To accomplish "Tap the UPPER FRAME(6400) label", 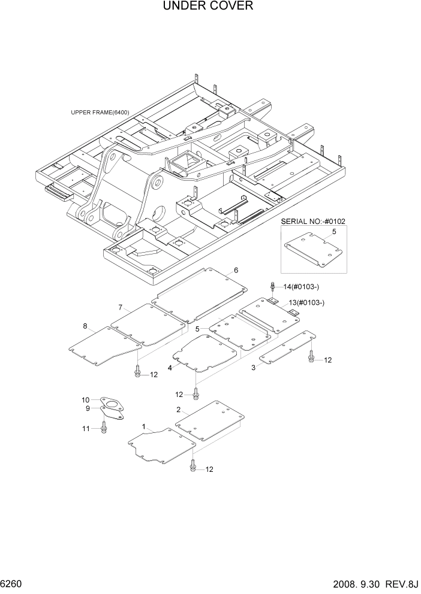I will pyautogui.click(x=100, y=112).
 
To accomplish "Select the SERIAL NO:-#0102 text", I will pyautogui.click(x=313, y=222).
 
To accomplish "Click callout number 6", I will pyautogui.click(x=236, y=271).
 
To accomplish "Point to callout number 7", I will pyautogui.click(x=120, y=307).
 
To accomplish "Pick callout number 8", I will pyautogui.click(x=85, y=326).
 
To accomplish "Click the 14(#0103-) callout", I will pyautogui.click(x=297, y=287).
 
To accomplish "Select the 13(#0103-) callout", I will pyautogui.click(x=306, y=303).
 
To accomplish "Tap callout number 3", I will pyautogui.click(x=253, y=368).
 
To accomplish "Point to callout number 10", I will pyautogui.click(x=86, y=399).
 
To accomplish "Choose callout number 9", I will pyautogui.click(x=87, y=408).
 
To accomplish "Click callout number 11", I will pyautogui.click(x=86, y=428).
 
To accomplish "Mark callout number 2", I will pyautogui.click(x=179, y=410).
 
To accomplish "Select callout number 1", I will pyautogui.click(x=143, y=426).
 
